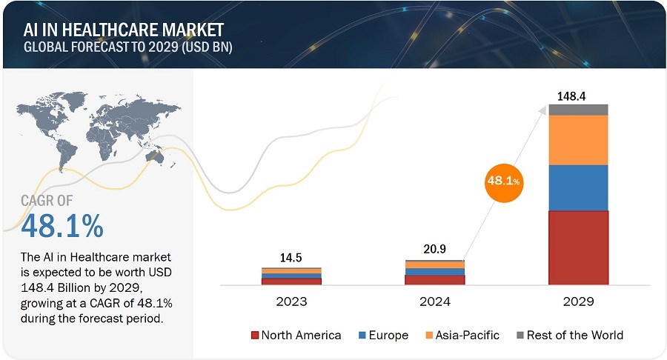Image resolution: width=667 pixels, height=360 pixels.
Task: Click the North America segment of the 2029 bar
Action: [578, 247]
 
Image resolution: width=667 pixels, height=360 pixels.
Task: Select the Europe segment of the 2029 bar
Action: [578, 187]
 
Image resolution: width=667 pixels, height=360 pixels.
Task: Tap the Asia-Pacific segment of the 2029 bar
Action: [578, 140]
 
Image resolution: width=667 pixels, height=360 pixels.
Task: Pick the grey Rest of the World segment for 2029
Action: [578, 110]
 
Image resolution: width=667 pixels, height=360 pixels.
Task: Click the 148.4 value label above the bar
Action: [578, 96]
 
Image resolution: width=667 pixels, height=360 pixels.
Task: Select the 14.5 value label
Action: [291, 259]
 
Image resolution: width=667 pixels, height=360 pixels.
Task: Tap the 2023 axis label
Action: [291, 302]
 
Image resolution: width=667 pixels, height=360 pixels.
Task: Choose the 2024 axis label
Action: [434, 302]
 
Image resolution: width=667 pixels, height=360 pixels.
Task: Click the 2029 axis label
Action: [578, 302]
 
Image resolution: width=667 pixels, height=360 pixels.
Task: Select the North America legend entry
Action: [296, 335]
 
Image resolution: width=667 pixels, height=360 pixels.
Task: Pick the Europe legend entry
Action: [383, 335]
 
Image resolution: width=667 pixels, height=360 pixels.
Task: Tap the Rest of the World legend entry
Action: [568, 335]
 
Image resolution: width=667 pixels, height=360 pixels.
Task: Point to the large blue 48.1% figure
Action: [62, 226]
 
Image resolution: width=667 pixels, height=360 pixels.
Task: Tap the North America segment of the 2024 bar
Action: [434, 280]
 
